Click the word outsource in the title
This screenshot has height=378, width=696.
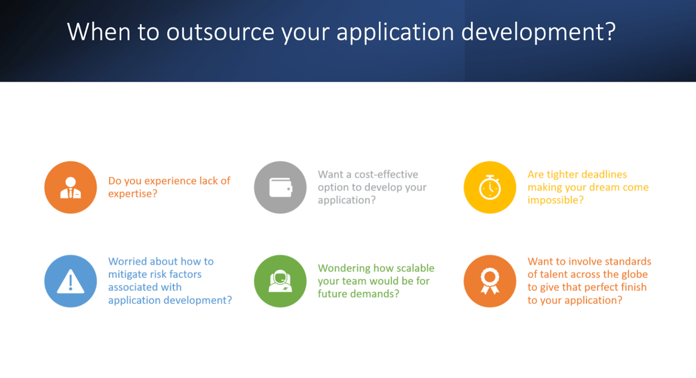click(220, 32)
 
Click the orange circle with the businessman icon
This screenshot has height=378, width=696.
click(71, 187)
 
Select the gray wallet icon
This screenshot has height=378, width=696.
click(280, 187)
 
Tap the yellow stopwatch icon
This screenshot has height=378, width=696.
click(490, 187)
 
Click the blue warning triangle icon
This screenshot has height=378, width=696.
click(71, 281)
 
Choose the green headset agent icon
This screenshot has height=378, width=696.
click(280, 281)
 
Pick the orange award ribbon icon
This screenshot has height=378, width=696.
click(490, 281)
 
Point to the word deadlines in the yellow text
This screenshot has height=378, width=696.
click(604, 174)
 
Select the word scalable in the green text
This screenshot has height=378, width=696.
click(415, 268)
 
